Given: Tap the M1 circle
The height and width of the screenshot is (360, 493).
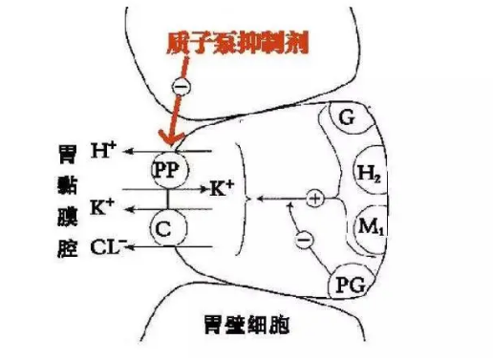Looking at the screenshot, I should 368,227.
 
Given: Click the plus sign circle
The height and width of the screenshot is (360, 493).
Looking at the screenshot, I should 315,199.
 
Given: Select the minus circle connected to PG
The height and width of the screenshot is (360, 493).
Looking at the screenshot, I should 304,242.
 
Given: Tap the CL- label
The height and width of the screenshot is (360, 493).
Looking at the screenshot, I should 107,250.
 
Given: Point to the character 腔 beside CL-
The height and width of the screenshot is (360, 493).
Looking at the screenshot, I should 67,250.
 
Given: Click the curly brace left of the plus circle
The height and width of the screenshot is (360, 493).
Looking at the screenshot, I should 249,199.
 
